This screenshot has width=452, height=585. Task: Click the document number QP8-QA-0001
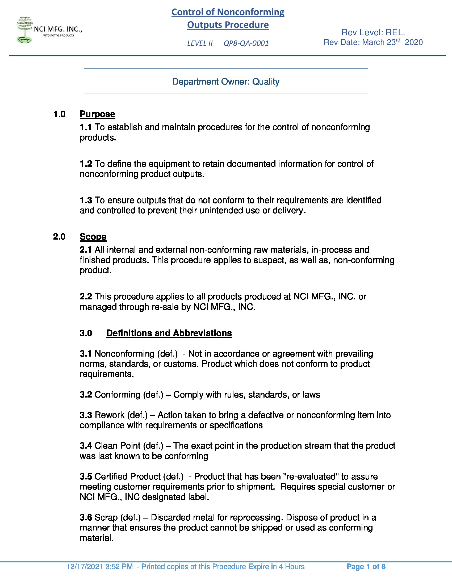[x=246, y=43]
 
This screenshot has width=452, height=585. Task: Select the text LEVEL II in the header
[x=200, y=43]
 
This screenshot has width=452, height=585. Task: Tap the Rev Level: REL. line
[x=373, y=32]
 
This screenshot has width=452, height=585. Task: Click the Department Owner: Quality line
[x=226, y=81]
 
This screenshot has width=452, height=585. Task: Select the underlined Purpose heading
[x=98, y=114]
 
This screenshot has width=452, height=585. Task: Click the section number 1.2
[x=86, y=164]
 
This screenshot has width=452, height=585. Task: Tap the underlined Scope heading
[x=93, y=236]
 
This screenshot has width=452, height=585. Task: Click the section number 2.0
[x=59, y=236]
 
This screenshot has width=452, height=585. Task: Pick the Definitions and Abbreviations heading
[x=169, y=333]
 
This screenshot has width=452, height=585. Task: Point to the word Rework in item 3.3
[x=110, y=415]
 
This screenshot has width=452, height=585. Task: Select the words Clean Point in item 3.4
[x=118, y=445]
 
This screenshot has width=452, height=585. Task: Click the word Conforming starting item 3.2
[x=117, y=395]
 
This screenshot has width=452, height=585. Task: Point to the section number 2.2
[x=86, y=296]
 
